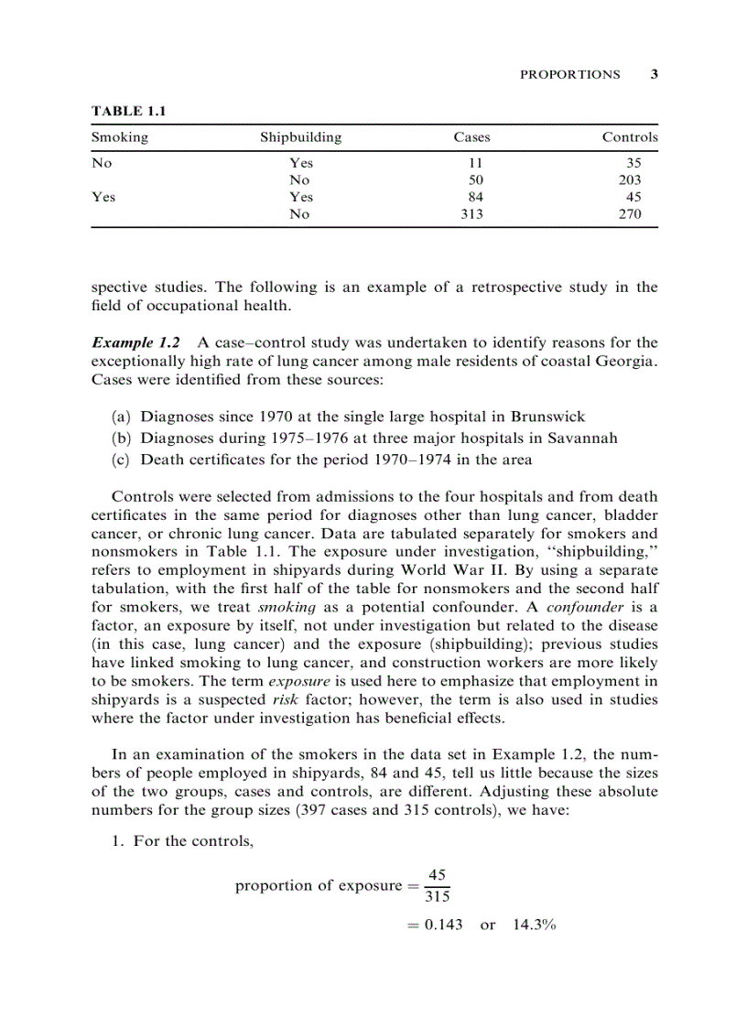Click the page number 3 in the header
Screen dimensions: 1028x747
point(654,75)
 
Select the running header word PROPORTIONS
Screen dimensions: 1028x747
point(569,75)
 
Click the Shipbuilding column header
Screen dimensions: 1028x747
point(300,137)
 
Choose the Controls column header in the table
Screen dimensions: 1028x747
point(629,137)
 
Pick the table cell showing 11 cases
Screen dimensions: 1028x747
point(475,163)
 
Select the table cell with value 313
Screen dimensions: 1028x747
point(471,214)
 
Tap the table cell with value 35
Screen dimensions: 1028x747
point(633,163)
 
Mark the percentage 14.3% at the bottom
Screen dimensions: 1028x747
point(534,925)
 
